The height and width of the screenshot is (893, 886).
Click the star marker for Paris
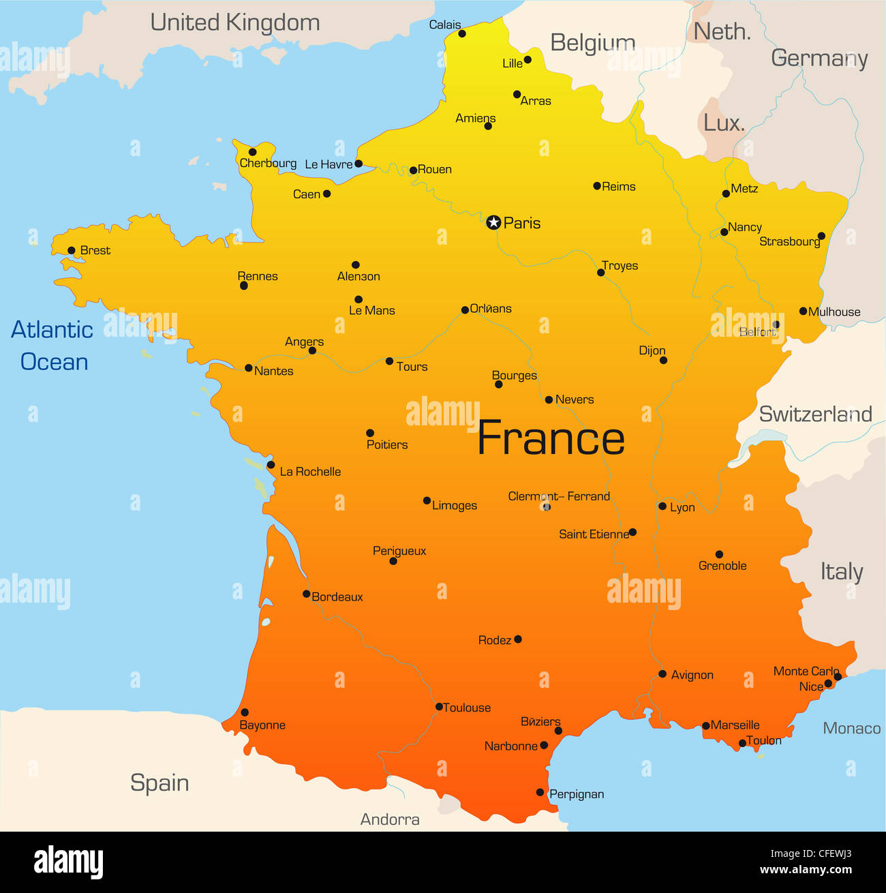pyautogui.click(x=493, y=222)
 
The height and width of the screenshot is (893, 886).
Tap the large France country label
pyautogui.click(x=551, y=438)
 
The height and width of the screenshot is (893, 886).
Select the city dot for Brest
pyautogui.click(x=72, y=250)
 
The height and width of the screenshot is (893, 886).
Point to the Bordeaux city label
pyautogui.click(x=337, y=597)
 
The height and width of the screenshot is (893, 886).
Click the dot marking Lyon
pyautogui.click(x=662, y=506)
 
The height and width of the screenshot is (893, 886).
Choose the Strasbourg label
pyautogui.click(x=789, y=241)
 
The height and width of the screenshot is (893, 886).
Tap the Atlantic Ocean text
pyautogui.click(x=53, y=346)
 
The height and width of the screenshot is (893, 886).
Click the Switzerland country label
pyautogui.click(x=815, y=414)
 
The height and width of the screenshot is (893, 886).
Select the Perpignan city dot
pyautogui.click(x=540, y=792)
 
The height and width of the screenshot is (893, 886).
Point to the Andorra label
pyautogui.click(x=390, y=819)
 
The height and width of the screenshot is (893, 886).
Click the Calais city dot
pyautogui.click(x=462, y=33)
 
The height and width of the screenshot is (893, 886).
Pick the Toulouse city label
pyautogui.click(x=467, y=708)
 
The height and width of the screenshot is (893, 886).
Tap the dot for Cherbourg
pyautogui.click(x=252, y=152)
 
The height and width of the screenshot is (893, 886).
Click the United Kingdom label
pyautogui.click(x=235, y=22)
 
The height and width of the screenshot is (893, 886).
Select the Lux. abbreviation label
pyautogui.click(x=724, y=123)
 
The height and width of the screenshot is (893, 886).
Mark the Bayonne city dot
pyautogui.click(x=245, y=712)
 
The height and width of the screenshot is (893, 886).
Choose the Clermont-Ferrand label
pyautogui.click(x=559, y=496)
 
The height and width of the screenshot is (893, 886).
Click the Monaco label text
pyautogui.click(x=851, y=728)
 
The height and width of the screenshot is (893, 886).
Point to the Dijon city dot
pyautogui.click(x=663, y=360)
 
